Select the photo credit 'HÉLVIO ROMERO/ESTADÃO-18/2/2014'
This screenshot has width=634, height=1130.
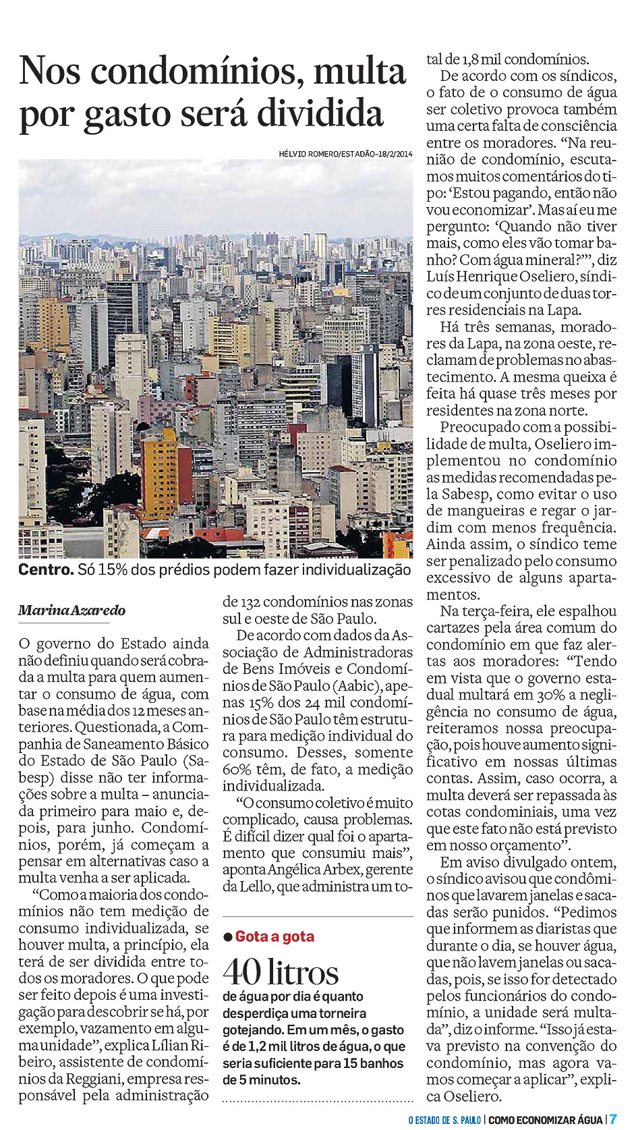[x=345, y=154]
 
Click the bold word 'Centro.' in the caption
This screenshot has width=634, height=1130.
[x=46, y=569]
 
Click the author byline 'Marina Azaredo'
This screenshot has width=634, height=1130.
[x=71, y=611]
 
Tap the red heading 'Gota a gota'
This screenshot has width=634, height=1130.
[x=275, y=936]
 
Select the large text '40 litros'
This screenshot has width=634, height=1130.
[x=281, y=971]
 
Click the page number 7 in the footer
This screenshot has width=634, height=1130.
[x=614, y=1119]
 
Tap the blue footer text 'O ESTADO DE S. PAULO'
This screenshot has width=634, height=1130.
[x=444, y=1120]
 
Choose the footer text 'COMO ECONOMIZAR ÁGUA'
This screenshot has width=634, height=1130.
[x=545, y=1120]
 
